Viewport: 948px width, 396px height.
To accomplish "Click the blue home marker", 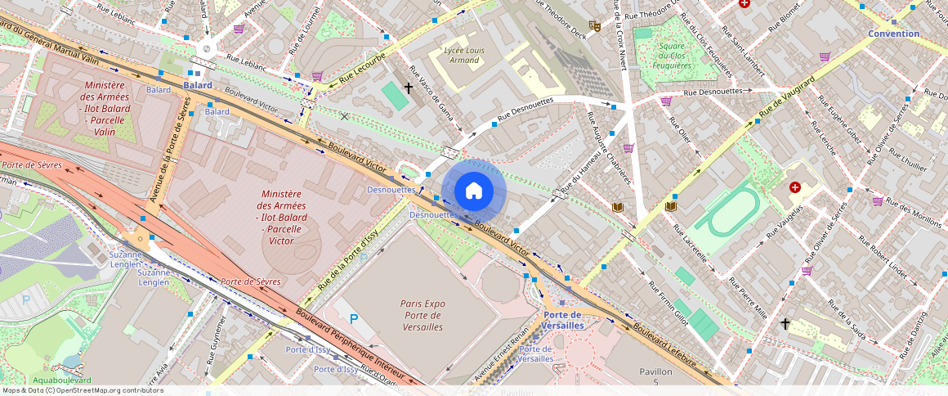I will [474, 191].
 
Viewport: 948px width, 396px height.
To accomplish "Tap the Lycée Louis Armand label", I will [464, 55].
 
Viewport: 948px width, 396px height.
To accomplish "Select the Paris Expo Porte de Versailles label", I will [423, 315].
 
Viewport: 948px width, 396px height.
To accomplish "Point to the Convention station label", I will [893, 34].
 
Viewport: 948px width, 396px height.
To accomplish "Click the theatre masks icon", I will [596, 26].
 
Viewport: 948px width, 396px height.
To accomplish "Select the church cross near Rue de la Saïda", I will [785, 324].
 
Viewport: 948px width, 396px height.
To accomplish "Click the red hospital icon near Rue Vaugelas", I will [794, 187].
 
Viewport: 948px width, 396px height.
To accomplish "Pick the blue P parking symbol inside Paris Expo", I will [354, 318].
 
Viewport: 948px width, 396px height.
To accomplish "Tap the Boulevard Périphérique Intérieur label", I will [339, 344].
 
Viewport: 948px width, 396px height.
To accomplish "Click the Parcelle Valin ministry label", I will [104, 108].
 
